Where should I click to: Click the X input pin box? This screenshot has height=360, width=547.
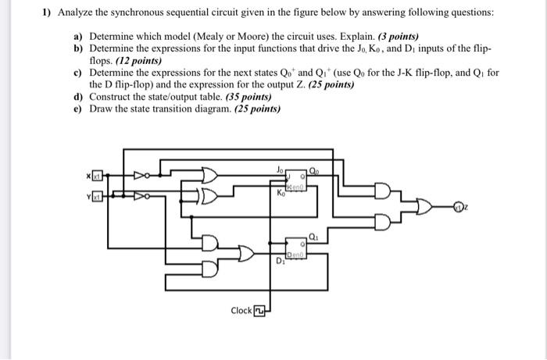point(97,177)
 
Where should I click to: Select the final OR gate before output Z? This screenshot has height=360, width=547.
point(427,208)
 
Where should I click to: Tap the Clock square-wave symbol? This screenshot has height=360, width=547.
point(259,311)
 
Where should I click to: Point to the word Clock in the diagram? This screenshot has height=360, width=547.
point(241,311)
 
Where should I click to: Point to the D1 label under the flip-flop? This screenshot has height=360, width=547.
point(281,262)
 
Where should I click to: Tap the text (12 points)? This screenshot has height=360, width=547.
point(137,60)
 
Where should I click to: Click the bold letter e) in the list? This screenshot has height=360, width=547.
point(77,109)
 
